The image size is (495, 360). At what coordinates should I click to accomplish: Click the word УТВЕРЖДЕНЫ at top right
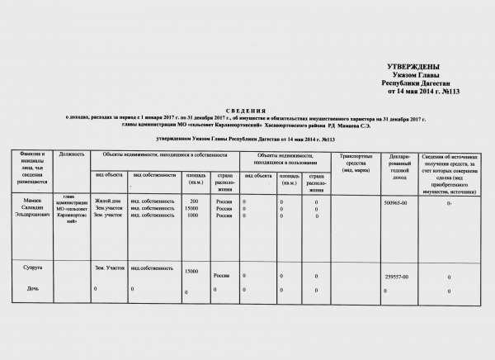coord(412,66)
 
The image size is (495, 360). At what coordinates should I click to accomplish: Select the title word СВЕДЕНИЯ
coord(247,110)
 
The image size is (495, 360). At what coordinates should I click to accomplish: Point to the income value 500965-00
coord(397,202)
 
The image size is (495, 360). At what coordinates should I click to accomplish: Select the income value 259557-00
coord(398,277)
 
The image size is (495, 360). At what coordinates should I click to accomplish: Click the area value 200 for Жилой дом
coord(194,201)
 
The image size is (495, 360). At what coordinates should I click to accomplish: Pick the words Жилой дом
coord(107,201)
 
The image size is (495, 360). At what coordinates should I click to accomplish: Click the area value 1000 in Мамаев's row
coord(194,215)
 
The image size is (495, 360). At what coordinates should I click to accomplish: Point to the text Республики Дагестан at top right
coord(414,83)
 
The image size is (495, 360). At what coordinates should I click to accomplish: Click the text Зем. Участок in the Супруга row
coord(110,269)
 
